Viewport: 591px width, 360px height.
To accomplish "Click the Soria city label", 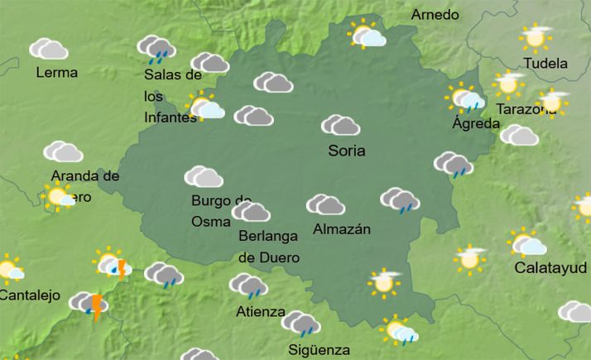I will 347,151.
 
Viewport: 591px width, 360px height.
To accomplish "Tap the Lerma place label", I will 57,72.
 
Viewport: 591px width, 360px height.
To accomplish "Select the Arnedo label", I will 435,16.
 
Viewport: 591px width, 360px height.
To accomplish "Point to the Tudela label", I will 546,63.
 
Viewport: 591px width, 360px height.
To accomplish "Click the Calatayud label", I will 550,268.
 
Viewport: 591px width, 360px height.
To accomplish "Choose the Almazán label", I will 343,229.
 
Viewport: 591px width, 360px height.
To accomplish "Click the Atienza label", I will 260,312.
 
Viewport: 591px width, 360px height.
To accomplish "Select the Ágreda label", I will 476,124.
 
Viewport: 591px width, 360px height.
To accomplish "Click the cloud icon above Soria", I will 340,126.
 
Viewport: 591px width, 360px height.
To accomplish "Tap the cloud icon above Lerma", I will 49,49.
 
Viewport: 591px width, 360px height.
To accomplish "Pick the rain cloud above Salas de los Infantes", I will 155,48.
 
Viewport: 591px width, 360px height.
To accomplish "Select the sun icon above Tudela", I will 536,37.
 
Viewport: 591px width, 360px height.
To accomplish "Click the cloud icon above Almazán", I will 325,204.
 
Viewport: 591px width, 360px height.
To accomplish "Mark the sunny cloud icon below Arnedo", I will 367,36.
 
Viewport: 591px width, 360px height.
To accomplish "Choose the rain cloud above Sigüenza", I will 300,324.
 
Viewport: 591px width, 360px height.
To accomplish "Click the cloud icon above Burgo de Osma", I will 204,176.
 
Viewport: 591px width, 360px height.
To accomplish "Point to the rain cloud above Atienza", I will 248,286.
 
